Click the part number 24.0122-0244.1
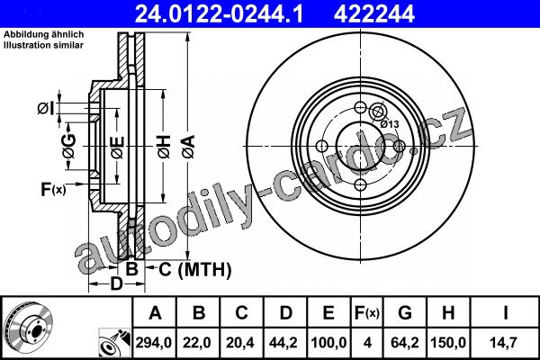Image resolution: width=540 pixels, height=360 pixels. [x=220, y=13]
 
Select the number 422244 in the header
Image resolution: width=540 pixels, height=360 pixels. [x=373, y=13]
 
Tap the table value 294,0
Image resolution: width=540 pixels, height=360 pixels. [x=154, y=342]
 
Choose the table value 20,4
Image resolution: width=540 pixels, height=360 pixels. [x=240, y=342]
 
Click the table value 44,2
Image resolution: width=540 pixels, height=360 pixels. [x=283, y=342]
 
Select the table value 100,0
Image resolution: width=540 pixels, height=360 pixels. [x=328, y=342]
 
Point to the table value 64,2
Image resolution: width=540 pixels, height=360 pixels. [x=405, y=342]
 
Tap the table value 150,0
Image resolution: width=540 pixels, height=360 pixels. [x=448, y=342]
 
